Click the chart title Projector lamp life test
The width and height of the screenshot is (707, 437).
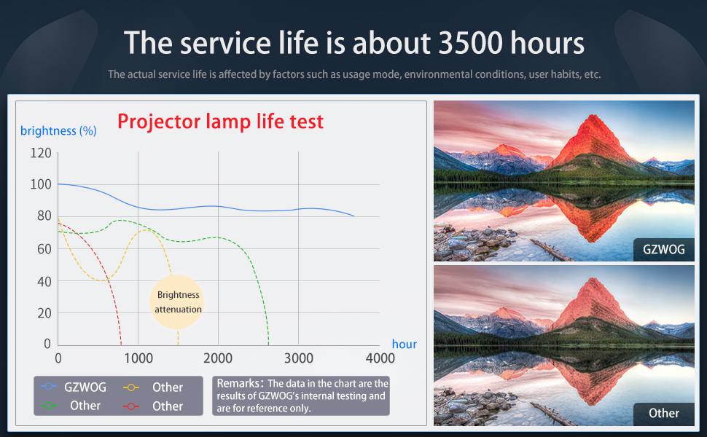click(221, 122)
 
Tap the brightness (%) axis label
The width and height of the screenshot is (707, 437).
click(58, 130)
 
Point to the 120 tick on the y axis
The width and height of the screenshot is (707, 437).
click(41, 153)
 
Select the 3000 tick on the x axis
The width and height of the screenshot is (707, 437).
click(299, 358)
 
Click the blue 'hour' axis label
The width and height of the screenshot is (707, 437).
click(404, 345)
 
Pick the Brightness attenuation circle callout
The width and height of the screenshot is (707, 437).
click(176, 302)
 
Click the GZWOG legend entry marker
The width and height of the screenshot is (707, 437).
click(49, 386)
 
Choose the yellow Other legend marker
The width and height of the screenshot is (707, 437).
click(130, 387)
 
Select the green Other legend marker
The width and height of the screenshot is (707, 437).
click(49, 406)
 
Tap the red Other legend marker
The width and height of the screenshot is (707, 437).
click(130, 406)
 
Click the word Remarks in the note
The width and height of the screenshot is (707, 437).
click(238, 383)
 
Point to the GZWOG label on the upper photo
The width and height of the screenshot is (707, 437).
click(664, 249)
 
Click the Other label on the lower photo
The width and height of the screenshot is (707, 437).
click(664, 413)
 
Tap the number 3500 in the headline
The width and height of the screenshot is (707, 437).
click(471, 43)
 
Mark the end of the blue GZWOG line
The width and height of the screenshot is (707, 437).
click(354, 216)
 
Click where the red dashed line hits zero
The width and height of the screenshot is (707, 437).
click(121, 345)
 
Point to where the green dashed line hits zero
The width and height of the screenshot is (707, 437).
click(269, 345)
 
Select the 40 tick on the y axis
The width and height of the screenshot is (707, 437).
click(44, 282)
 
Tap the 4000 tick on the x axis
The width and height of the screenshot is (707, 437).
click(380, 358)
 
